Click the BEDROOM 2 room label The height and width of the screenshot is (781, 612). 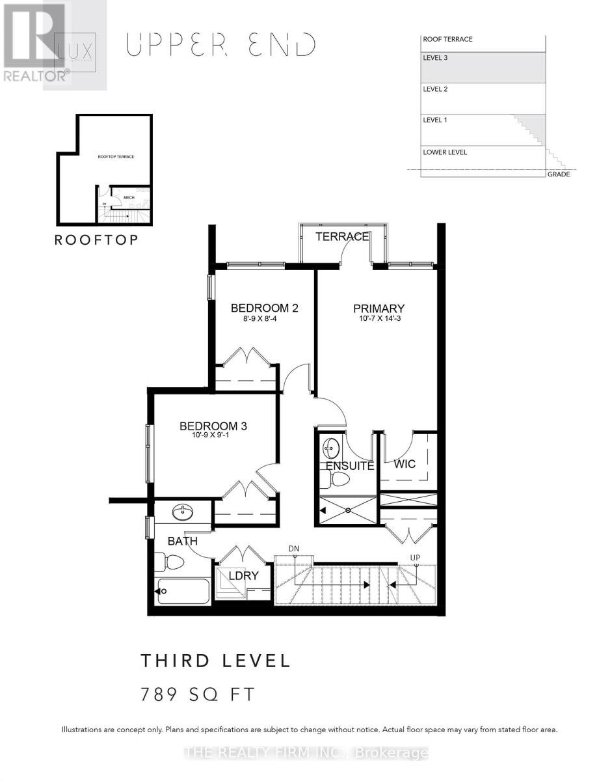coord(264,307)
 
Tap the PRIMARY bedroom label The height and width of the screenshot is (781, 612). coord(379,308)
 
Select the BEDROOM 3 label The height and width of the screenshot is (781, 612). coord(213,426)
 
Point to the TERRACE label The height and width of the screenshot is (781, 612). coord(342,237)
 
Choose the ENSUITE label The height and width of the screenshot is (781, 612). coord(350,466)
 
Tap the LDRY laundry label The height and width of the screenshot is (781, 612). coord(243,575)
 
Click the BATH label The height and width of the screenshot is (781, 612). coord(183,541)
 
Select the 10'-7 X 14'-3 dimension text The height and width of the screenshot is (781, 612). coord(379,320)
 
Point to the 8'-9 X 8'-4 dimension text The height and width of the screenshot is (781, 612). coord(264,319)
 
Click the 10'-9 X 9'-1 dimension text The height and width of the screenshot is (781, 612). coord(213,437)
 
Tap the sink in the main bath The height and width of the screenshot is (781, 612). coord(182,514)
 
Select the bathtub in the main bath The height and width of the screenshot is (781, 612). coord(183,591)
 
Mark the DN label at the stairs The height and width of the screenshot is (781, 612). coord(294,549)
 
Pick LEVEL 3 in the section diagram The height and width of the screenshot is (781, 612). coord(435,58)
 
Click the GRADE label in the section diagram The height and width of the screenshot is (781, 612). coord(558,174)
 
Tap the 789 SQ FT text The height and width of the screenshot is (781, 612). coord(198,694)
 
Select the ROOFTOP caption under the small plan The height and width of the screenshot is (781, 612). coord(96,240)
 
